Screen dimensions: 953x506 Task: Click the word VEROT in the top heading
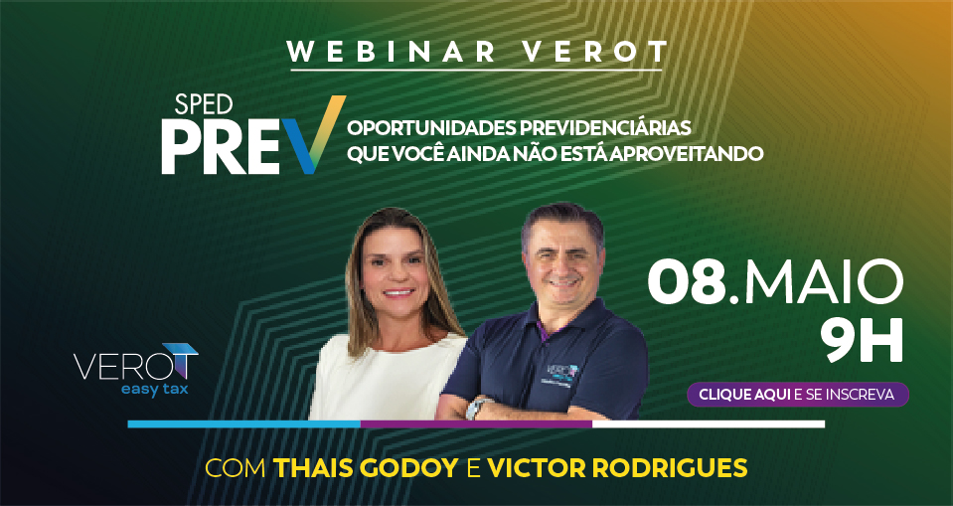[x=595, y=52]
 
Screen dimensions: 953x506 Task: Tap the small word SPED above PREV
[x=204, y=105]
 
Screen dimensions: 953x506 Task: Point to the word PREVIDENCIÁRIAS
[x=605, y=128]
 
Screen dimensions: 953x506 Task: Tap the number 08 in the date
[x=688, y=282]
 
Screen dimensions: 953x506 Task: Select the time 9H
[x=862, y=341]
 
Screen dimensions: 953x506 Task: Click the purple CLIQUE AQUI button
[x=797, y=394]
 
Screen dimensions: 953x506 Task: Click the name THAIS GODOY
[x=366, y=468]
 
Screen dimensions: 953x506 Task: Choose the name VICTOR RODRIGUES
[x=617, y=468]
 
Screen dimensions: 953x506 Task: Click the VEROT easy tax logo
[x=135, y=370]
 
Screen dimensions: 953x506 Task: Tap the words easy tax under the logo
[x=154, y=390]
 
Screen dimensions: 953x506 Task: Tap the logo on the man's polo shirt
[x=562, y=372]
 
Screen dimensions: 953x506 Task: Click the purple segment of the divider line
[x=477, y=423]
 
